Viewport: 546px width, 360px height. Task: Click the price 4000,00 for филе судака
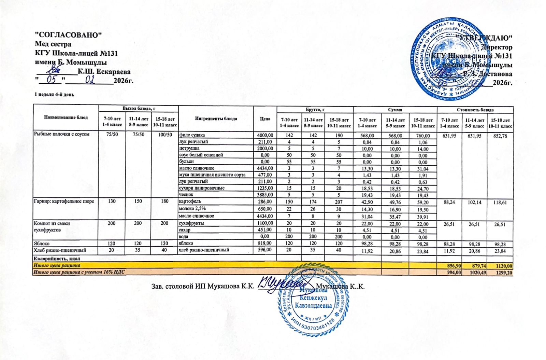(265, 135)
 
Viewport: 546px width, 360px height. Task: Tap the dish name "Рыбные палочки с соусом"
(61, 134)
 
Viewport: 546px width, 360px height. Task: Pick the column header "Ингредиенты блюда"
(216, 119)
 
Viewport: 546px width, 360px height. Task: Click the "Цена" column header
(265, 119)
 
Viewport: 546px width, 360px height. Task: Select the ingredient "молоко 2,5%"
(192, 208)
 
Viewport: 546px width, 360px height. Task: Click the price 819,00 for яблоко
(265, 244)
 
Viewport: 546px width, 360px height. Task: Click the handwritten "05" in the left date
(51, 80)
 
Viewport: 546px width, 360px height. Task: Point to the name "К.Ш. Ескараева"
(104, 72)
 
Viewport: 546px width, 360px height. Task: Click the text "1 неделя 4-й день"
(54, 94)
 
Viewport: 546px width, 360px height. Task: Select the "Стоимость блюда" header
(475, 110)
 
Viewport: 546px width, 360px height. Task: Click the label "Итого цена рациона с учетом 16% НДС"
(79, 272)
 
